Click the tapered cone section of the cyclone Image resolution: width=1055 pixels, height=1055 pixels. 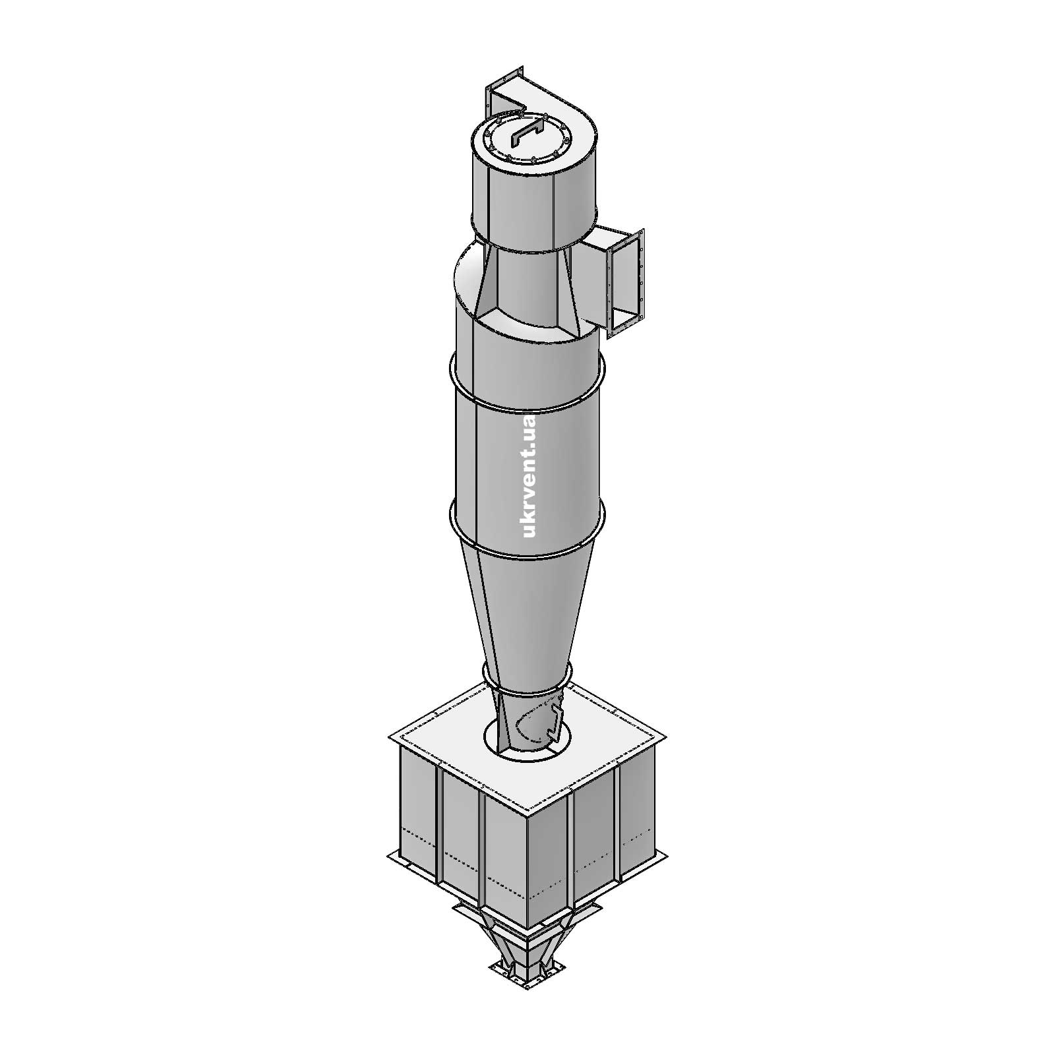[x=527, y=613]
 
